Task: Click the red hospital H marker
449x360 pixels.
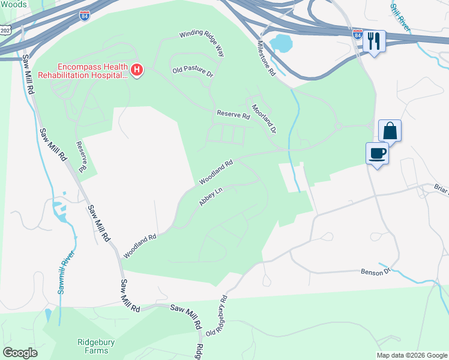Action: click(x=137, y=71)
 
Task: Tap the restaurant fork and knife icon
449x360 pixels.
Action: click(x=373, y=41)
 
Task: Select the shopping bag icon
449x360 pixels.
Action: click(x=390, y=130)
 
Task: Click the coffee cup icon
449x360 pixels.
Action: click(x=377, y=153)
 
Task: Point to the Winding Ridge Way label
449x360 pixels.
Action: click(x=202, y=44)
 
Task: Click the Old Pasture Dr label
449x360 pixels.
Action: click(x=193, y=71)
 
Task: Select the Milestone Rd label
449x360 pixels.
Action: click(x=265, y=58)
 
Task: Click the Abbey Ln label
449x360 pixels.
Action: click(x=211, y=197)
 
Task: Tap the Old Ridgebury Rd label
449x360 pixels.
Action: click(x=217, y=316)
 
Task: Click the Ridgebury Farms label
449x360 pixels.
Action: click(x=96, y=347)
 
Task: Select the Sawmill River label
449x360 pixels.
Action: click(x=67, y=272)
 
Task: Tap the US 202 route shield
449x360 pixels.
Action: click(x=5, y=29)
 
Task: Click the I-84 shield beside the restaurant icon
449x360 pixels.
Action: click(x=358, y=35)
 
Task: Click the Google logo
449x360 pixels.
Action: click(x=20, y=353)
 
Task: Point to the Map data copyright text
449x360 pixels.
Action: click(x=412, y=355)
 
